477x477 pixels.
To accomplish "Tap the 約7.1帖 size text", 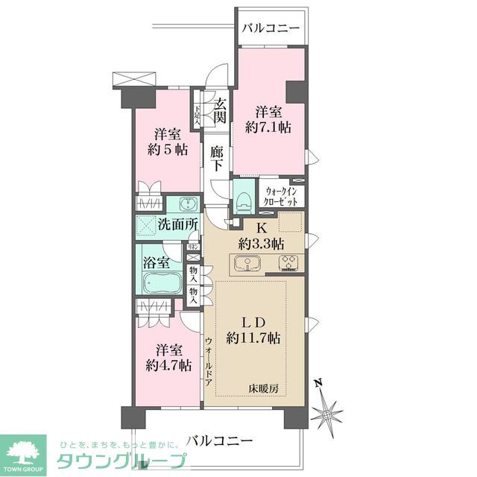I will click(269, 127).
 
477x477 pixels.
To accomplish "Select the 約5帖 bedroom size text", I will click(167, 149).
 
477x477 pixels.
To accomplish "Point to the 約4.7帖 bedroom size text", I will click(168, 366).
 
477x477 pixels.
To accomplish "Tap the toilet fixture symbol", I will click(243, 198).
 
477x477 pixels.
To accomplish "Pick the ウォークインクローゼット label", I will click(281, 196).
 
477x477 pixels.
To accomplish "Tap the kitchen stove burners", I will click(288, 263).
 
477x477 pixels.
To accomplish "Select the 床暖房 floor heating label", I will click(265, 388).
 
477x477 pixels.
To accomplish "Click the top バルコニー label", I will click(271, 28).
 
